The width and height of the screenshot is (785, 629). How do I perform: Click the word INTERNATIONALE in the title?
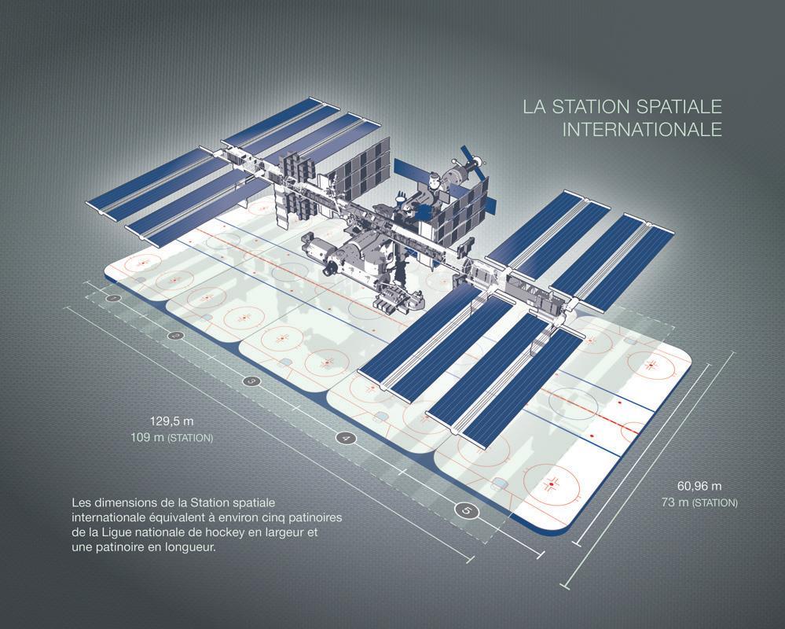click(642, 129)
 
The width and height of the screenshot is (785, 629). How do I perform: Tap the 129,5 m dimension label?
click(172, 421)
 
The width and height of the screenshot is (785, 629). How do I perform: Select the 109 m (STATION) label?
click(172, 438)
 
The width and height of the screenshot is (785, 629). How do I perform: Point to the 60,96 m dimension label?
click(699, 486)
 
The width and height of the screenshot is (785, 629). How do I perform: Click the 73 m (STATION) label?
click(699, 502)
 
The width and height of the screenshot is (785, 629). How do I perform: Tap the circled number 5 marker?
click(467, 511)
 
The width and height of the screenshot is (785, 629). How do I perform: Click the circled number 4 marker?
click(345, 438)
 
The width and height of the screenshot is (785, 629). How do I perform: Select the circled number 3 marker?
click(251, 381)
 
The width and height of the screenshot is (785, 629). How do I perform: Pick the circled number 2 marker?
click(174, 336)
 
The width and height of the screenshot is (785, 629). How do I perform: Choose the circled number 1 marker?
click(114, 299)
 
